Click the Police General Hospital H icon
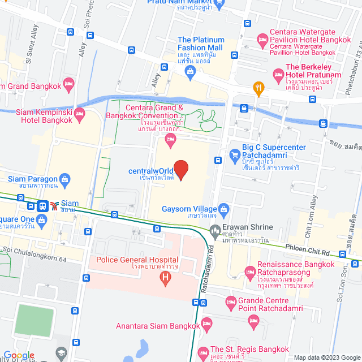point(165,277)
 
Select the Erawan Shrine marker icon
point(214,230)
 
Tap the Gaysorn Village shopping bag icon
point(223,208)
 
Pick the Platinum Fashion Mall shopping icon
point(189,71)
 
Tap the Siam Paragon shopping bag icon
point(66,180)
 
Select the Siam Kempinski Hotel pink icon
point(79,115)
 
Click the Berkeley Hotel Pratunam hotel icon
point(278,74)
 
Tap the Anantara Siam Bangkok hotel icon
point(206,323)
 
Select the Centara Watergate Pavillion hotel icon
point(262,38)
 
